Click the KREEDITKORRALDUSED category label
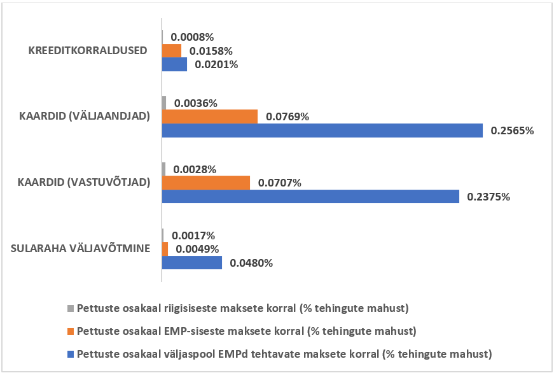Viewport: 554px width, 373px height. (88, 50)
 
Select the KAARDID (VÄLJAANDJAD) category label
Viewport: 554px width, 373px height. (85, 116)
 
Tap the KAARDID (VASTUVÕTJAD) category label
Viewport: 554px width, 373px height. (84, 182)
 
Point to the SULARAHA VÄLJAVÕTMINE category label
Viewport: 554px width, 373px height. (81, 248)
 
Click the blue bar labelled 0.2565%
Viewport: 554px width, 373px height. (322, 130)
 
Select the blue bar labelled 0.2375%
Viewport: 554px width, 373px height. (310, 196)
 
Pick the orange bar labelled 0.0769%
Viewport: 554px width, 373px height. (210, 116)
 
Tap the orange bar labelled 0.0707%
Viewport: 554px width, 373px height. (206, 183)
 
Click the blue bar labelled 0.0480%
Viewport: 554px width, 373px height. (192, 262)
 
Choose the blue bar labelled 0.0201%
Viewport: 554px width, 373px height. (174, 64)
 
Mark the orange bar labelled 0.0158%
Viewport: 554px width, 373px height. (172, 50)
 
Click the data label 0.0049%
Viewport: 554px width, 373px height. (197, 249)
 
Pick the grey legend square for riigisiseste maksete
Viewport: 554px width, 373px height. (71, 309)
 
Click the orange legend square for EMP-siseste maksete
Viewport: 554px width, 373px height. (71, 331)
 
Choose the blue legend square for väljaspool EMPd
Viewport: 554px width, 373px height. (71, 353)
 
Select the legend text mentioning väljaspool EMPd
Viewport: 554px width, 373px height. (285, 353)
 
